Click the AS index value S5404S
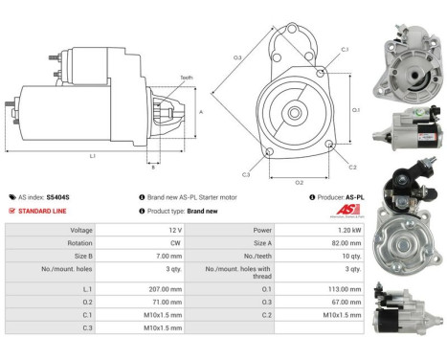click(57, 196)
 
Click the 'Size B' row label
click(82, 258)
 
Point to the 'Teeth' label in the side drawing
click(186, 78)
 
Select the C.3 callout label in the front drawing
click(246, 174)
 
